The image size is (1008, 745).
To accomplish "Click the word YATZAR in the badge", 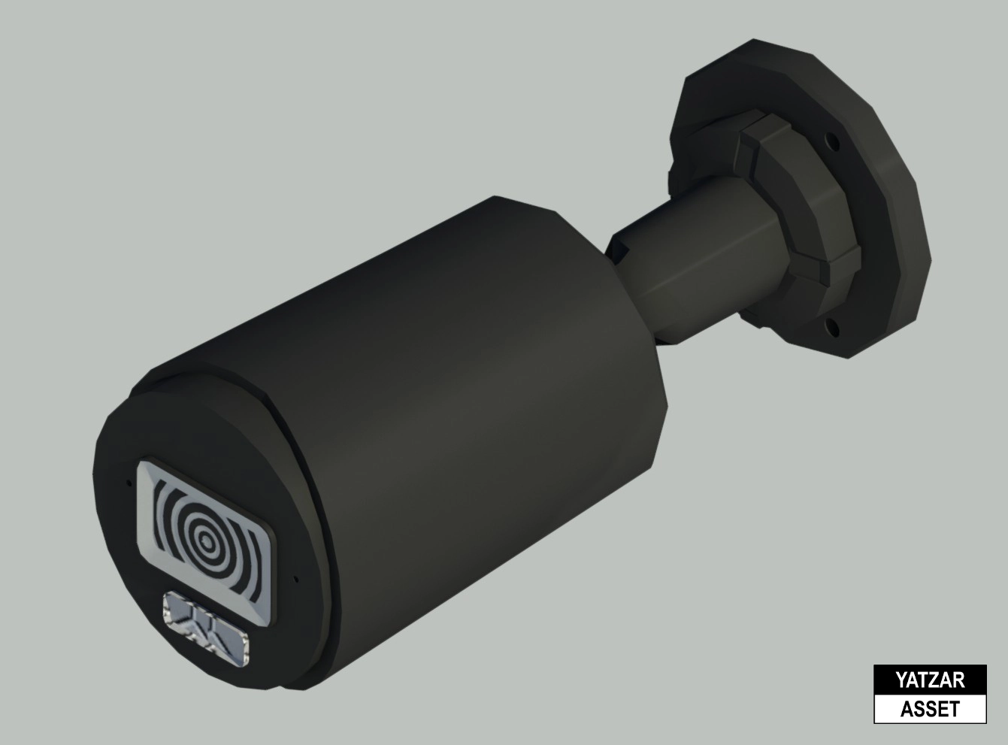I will click(929, 681).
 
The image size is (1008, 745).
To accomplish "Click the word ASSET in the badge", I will click(929, 709).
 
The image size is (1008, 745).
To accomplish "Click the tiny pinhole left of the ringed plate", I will click(129, 483).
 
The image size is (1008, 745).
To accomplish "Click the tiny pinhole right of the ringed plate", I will click(297, 579).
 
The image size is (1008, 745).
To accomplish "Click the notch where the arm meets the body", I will click(618, 248).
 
